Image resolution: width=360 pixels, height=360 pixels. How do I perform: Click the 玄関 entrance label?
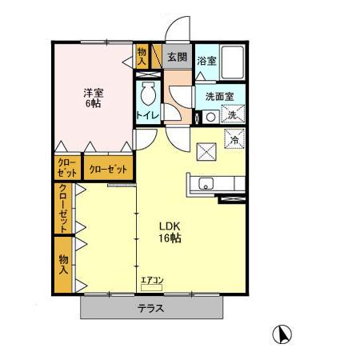(x=177, y=57)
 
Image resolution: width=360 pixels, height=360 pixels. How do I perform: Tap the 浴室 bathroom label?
(x=206, y=61)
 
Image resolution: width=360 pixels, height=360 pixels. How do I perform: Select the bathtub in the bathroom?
(x=233, y=62)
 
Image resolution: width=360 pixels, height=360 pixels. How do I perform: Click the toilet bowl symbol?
(x=148, y=93)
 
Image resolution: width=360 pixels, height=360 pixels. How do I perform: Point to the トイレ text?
(x=148, y=115)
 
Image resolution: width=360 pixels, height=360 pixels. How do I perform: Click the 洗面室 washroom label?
(x=220, y=97)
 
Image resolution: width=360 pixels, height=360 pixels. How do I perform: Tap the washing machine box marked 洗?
(x=233, y=114)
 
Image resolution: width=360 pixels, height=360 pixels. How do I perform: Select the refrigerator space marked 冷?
(x=234, y=138)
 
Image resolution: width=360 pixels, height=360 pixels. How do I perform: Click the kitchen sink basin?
(x=206, y=183)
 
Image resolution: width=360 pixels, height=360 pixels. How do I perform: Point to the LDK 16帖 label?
(x=170, y=232)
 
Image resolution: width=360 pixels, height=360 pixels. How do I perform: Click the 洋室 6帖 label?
(x=94, y=98)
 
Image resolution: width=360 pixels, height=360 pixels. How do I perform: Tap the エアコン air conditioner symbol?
(x=151, y=287)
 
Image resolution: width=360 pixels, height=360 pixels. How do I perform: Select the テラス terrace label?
(x=150, y=309)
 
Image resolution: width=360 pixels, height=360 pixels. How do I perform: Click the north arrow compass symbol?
(x=282, y=334)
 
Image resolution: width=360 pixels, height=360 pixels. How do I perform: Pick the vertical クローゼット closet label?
(x=63, y=208)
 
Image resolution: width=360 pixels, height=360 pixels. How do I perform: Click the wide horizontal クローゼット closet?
(x=108, y=168)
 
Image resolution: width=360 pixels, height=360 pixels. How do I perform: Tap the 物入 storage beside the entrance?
(x=142, y=57)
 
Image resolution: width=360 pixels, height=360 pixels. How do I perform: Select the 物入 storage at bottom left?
(x=63, y=264)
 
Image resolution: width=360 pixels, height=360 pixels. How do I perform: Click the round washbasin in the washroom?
(x=210, y=117)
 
